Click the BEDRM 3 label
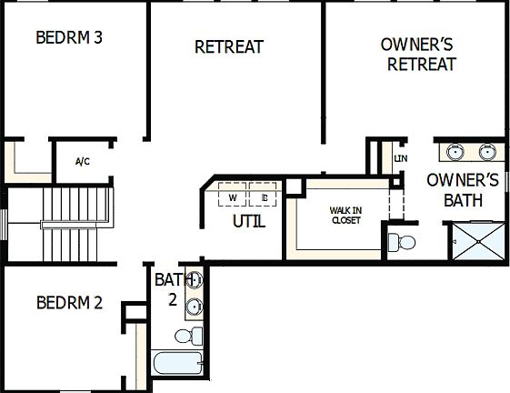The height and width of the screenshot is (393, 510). (68, 37)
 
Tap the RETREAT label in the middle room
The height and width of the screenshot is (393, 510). (229, 46)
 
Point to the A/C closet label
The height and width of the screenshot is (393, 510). (82, 162)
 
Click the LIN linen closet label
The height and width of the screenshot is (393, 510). (401, 159)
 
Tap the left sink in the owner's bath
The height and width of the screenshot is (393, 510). (452, 151)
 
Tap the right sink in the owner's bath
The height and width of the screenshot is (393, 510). (488, 151)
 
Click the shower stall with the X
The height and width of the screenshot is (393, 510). (478, 240)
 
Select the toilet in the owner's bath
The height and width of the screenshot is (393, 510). (401, 242)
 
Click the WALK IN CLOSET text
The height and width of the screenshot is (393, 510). (345, 215)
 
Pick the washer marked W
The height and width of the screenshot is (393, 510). (233, 196)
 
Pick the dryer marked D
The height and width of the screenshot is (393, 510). (263, 196)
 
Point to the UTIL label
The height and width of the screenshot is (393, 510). (249, 221)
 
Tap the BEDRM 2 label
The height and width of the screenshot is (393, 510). (69, 303)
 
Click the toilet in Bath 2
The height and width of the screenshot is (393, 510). (186, 337)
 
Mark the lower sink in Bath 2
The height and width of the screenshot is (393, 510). (194, 307)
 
